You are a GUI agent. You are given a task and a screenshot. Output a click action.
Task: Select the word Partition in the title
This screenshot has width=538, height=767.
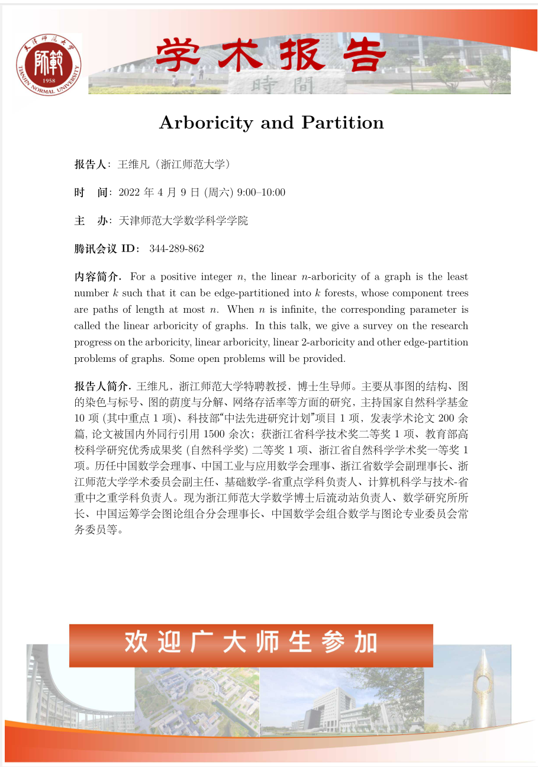(x=343, y=123)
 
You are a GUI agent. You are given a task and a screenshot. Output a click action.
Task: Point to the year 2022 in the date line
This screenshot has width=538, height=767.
(x=130, y=192)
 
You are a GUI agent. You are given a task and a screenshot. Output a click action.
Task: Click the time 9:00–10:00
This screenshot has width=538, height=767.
(x=261, y=192)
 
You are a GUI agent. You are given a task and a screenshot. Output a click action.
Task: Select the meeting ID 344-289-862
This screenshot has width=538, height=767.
(x=177, y=249)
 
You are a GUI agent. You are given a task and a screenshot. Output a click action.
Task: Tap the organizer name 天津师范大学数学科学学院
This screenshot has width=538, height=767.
(x=183, y=221)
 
